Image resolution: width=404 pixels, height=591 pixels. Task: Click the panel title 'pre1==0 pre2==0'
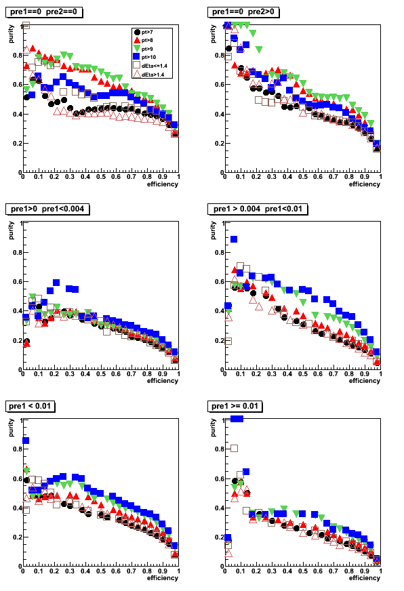pyautogui.click(x=43, y=12)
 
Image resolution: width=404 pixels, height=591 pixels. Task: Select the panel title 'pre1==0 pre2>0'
pyautogui.click(x=243, y=12)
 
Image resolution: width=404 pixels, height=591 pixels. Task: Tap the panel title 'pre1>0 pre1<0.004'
pyautogui.click(x=47, y=209)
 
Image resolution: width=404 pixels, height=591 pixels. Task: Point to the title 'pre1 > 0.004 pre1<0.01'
pyautogui.click(x=258, y=209)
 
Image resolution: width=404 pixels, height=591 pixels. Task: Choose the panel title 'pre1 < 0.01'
pyautogui.click(x=30, y=406)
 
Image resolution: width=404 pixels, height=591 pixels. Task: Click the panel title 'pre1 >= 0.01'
pyautogui.click(x=235, y=406)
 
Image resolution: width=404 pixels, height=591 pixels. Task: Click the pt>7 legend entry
pyautogui.click(x=143, y=32)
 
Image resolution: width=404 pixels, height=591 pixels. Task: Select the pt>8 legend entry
pyautogui.click(x=143, y=41)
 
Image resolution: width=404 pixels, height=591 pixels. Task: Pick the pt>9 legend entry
pyautogui.click(x=143, y=49)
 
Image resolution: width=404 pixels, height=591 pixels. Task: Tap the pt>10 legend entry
pyautogui.click(x=144, y=57)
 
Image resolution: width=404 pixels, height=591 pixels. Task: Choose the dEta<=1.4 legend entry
pyautogui.click(x=150, y=66)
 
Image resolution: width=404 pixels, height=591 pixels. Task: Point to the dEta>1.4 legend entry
pyautogui.click(x=149, y=75)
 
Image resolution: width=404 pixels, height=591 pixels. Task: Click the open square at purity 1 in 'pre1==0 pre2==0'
pyautogui.click(x=26, y=26)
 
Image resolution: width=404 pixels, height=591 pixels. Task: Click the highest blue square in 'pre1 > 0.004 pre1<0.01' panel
pyautogui.click(x=234, y=239)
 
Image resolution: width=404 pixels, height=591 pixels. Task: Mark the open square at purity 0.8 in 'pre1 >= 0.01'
pyautogui.click(x=234, y=449)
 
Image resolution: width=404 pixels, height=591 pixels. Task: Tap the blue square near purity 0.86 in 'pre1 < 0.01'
pyautogui.click(x=26, y=441)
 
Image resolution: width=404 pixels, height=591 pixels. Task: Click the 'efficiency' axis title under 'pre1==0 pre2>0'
pyautogui.click(x=365, y=184)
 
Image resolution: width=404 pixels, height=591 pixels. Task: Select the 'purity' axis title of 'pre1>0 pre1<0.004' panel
pyautogui.click(x=11, y=230)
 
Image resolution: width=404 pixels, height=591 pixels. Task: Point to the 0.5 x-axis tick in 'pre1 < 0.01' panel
pyautogui.click(x=100, y=571)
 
